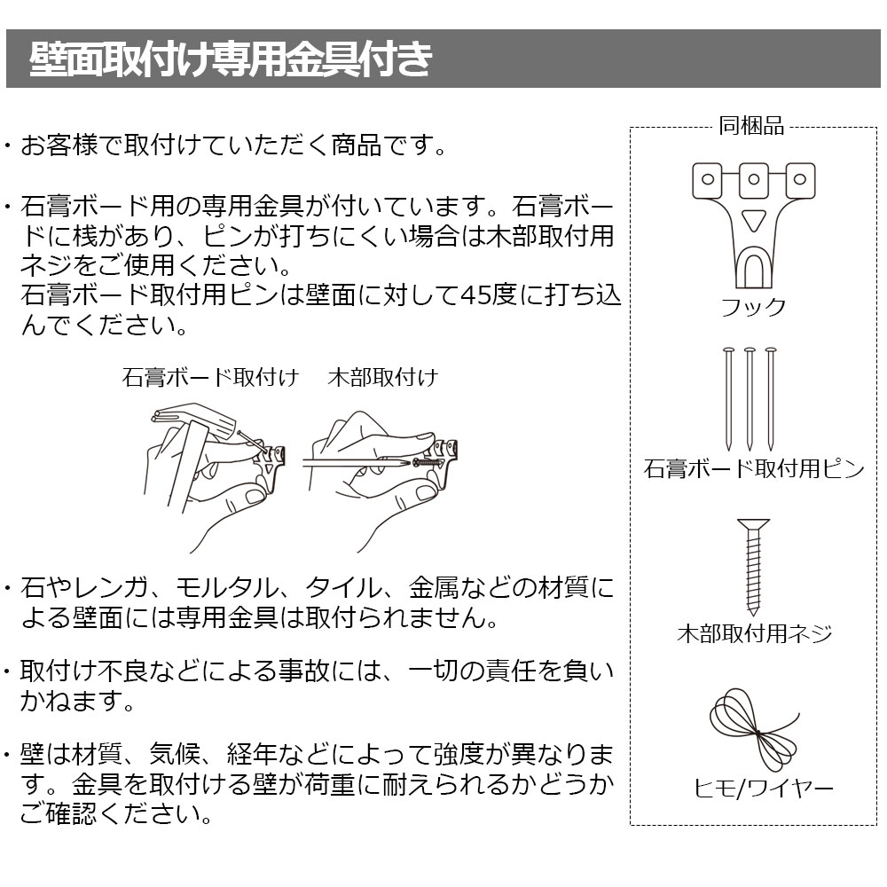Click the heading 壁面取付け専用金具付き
tap(231, 59)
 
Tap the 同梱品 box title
tap(751, 126)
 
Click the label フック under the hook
tap(753, 307)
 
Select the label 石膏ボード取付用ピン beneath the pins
tap(754, 468)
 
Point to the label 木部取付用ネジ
tap(755, 633)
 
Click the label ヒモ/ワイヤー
tap(764, 788)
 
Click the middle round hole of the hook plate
tap(753, 179)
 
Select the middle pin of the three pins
tap(750, 399)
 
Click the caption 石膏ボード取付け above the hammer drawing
tap(210, 377)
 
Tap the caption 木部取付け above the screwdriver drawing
tap(383, 377)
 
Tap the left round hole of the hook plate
tap(707, 179)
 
